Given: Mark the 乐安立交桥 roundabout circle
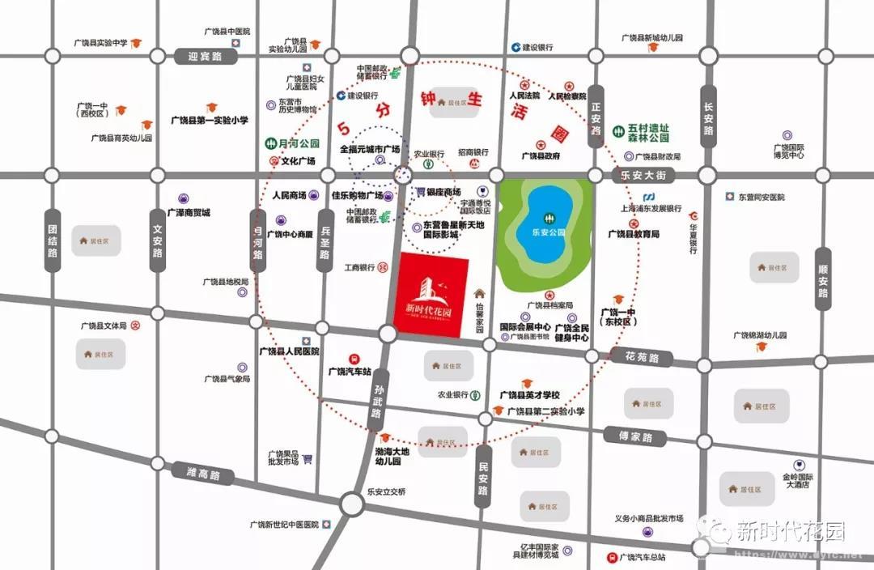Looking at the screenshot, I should point(351,504).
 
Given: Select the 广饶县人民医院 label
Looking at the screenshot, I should point(289,351).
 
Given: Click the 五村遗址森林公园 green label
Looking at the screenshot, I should point(649,133).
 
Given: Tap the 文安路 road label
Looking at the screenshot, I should point(158,240).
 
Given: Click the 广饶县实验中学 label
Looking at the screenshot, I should point(100,42).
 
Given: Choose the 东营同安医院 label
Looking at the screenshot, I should point(761,197).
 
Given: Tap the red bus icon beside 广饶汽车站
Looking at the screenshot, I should point(354,358).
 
